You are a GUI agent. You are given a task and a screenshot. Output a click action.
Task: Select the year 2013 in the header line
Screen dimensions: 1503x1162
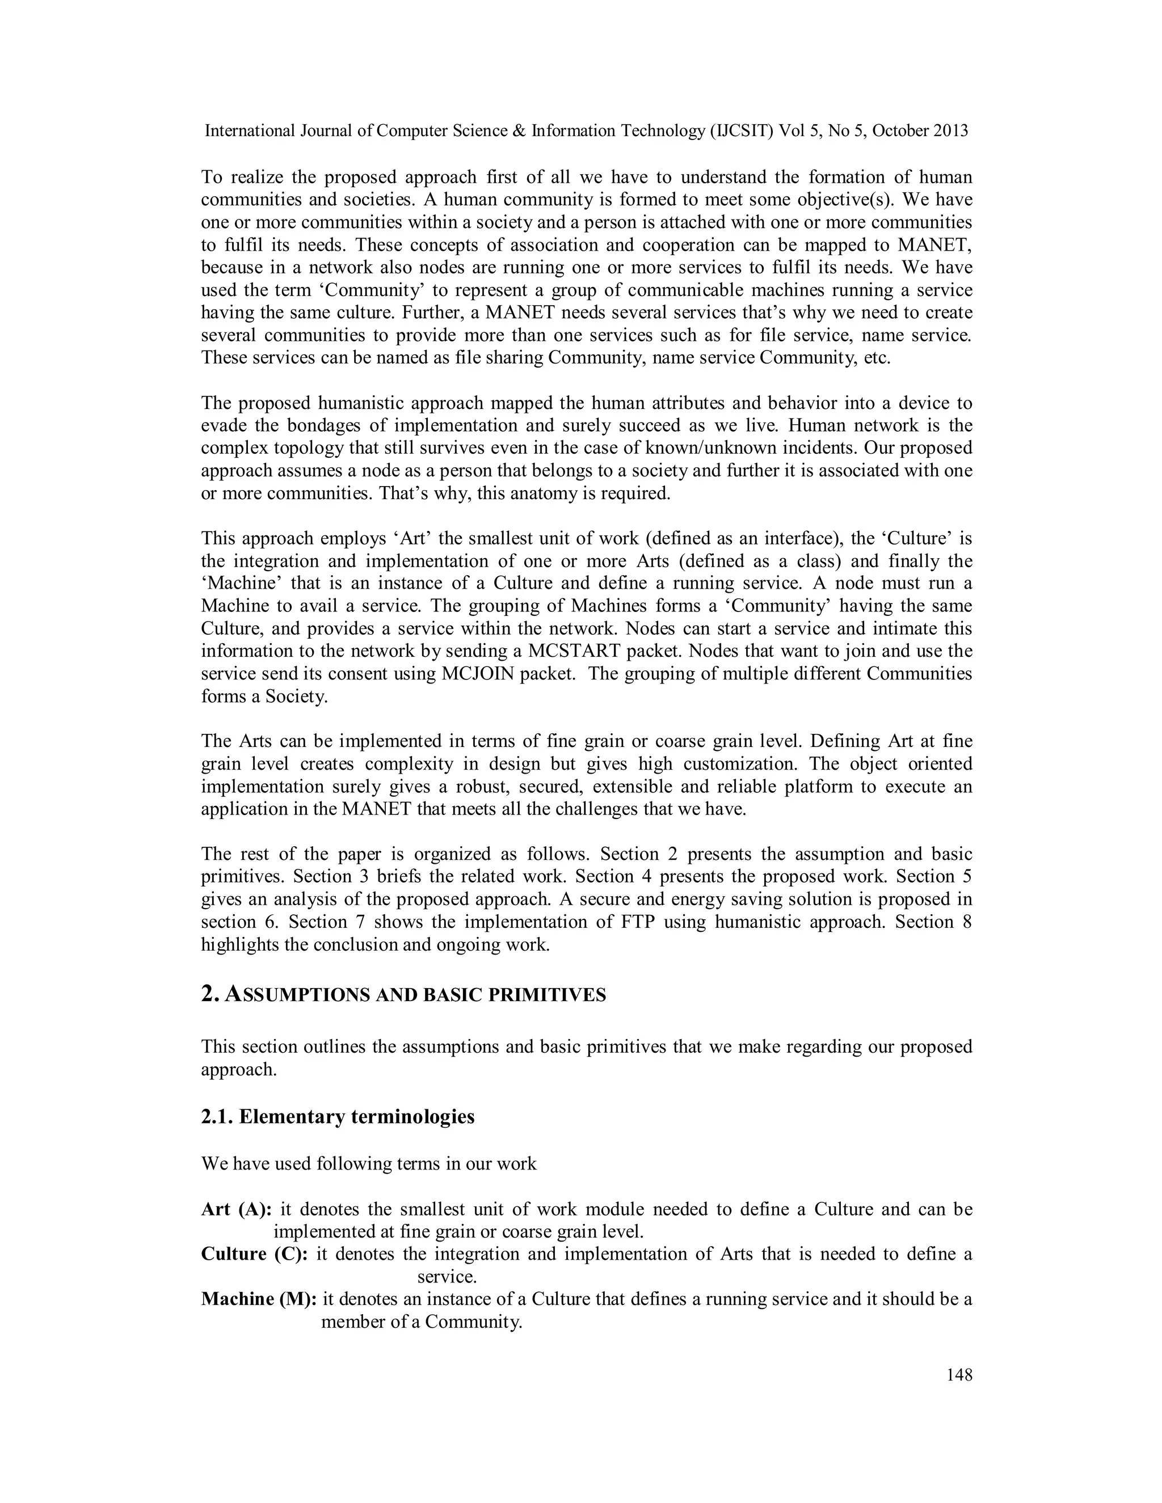pyautogui.click(x=950, y=131)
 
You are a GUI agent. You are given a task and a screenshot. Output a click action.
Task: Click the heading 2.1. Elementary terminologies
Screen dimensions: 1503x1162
pyautogui.click(x=338, y=1116)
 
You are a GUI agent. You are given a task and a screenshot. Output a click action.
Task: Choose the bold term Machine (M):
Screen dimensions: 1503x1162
pyautogui.click(x=259, y=1299)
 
